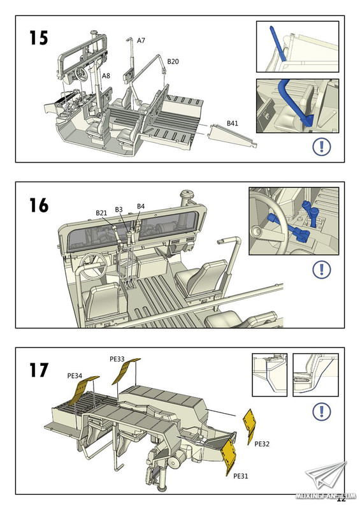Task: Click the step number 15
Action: (39, 38)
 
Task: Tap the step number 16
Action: (39, 205)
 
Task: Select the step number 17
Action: (39, 370)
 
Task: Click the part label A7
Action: (141, 40)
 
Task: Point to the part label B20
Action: (173, 61)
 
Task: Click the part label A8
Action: (106, 75)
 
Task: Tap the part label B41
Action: (232, 123)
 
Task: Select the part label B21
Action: (101, 213)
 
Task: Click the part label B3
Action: (119, 210)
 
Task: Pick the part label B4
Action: (140, 206)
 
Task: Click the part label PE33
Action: (117, 359)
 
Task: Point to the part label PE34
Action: (75, 375)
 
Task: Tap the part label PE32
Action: (262, 444)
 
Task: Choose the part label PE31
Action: (241, 476)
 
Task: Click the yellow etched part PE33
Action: (125, 370)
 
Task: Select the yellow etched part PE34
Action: (84, 390)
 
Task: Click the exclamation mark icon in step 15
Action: (322, 147)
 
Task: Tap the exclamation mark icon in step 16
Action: (322, 270)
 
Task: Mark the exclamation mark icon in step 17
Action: (322, 411)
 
